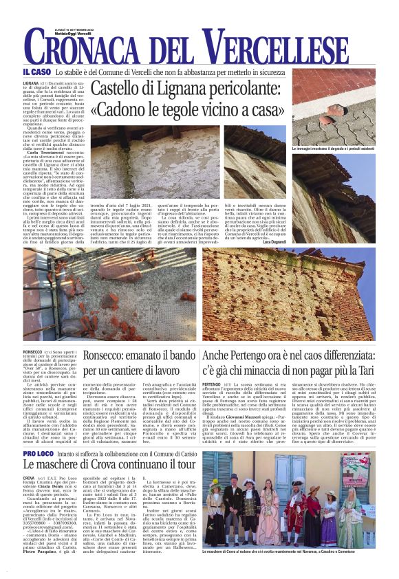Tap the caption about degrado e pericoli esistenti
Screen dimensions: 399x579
[x=333, y=149]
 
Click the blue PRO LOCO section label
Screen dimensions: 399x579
[x=39, y=455]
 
